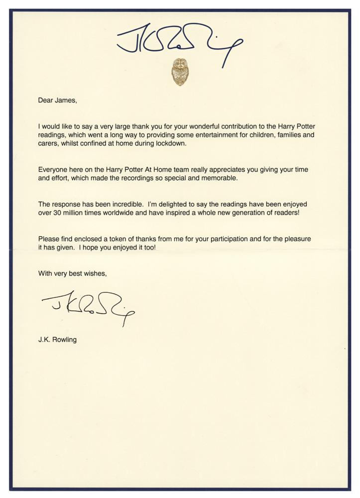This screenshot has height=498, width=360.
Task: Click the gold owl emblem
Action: point(179,72)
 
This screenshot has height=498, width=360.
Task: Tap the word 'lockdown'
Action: point(168,143)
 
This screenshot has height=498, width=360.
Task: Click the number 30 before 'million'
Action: point(59,213)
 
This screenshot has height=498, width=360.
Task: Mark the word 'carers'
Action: point(49,143)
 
